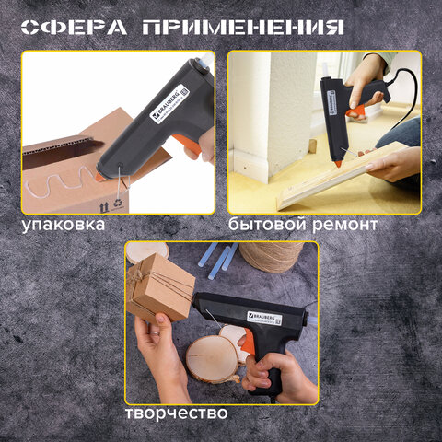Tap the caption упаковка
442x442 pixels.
[64, 225]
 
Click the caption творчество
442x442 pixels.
[176, 412]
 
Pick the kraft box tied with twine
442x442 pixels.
[161, 285]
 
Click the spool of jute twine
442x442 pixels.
[271, 255]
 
